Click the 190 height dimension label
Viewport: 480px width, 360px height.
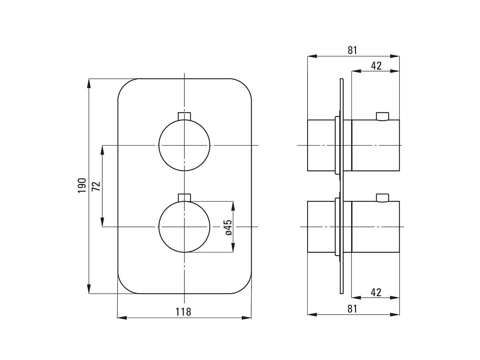coord(82,185)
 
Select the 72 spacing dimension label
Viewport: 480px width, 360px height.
coord(96,186)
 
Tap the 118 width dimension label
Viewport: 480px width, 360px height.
coord(183,312)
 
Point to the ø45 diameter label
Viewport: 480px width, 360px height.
coord(228,228)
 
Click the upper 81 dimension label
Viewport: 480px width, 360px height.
coord(352,50)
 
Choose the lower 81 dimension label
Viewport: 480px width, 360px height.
coord(352,309)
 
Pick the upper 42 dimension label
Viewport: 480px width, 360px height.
coord(376,66)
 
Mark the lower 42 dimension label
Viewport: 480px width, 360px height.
coord(376,292)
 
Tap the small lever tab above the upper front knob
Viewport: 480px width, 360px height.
coord(184,116)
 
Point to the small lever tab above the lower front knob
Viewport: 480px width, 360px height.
coord(184,198)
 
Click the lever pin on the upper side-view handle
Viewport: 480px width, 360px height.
coord(382,116)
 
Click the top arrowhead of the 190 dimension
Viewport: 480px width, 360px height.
coord(89,83)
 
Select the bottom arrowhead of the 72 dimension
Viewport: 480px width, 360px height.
coord(102,222)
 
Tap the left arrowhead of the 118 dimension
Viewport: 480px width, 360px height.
coord(122,318)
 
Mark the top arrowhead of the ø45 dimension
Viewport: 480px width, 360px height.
coord(233,206)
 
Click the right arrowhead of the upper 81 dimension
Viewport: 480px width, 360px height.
coord(395,56)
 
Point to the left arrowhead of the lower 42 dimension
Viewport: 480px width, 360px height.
coord(356,298)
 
